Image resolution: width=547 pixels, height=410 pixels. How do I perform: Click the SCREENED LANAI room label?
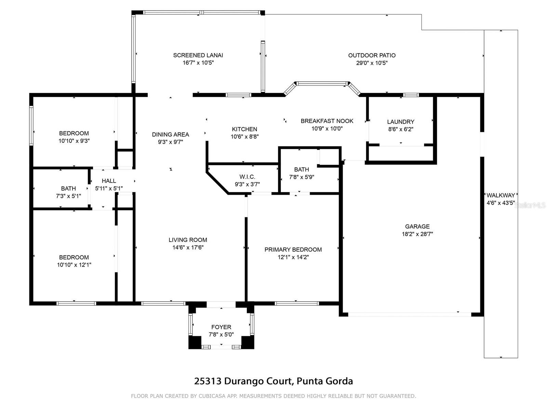coord(198,55)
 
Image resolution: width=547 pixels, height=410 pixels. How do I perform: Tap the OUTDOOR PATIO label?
coord(372,55)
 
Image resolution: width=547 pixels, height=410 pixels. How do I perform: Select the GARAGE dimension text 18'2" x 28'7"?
coord(417,234)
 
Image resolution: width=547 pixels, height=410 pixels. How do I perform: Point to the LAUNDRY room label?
coord(400,122)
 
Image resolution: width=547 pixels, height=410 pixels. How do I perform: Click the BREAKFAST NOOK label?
coord(327,121)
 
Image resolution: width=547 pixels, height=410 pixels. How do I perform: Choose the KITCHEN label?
coord(244,129)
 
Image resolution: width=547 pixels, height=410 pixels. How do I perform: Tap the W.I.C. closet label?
coord(247,177)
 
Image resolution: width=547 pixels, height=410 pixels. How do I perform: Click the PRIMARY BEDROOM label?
coord(293,249)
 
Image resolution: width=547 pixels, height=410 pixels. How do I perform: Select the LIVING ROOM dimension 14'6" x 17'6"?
coord(188,247)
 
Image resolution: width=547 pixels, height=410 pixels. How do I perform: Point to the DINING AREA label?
coord(171,134)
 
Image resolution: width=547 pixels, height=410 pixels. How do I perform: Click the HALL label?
coord(109,181)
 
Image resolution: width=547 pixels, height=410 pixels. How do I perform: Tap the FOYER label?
coord(221,327)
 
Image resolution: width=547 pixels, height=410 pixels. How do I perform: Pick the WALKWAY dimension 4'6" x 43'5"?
coord(501,203)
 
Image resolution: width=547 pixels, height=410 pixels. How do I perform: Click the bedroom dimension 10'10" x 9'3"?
coord(74,141)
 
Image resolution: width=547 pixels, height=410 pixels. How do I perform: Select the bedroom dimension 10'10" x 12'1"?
coord(74,265)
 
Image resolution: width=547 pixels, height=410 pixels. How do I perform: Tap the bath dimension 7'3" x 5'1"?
coord(68,196)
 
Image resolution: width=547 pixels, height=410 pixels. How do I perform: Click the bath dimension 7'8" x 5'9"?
coord(302,177)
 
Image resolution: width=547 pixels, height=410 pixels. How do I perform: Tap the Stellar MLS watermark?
coord(530,205)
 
